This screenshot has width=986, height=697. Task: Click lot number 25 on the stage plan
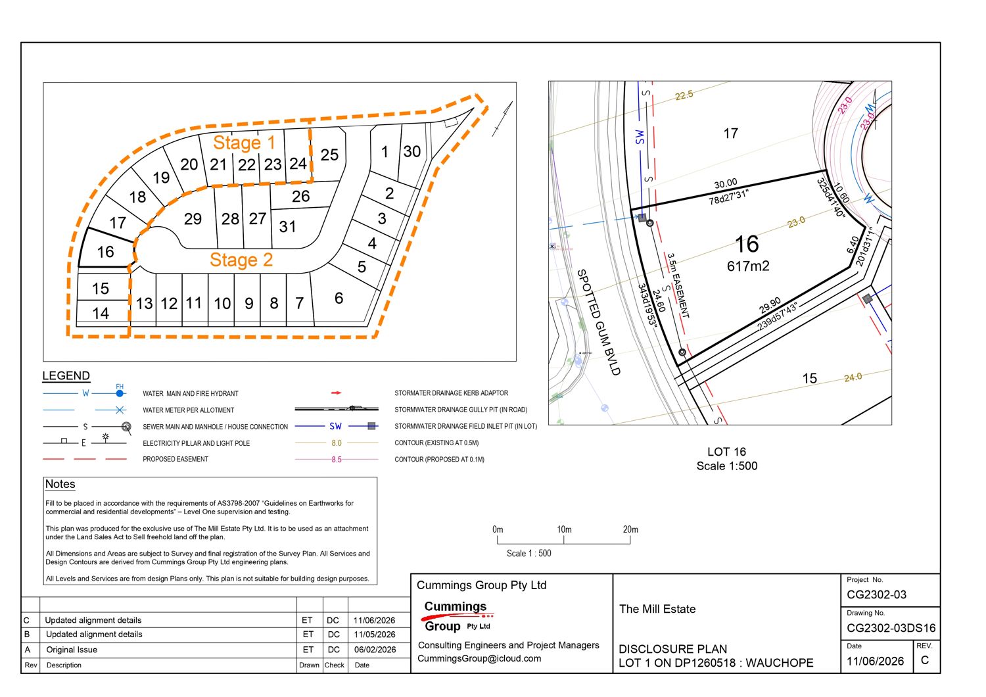[329, 155]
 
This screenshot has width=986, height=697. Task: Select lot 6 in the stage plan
[339, 298]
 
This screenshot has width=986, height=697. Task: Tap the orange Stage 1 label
[244, 142]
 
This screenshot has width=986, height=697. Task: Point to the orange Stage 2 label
[241, 260]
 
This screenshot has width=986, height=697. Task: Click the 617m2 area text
[748, 266]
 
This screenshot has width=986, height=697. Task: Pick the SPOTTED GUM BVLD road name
[598, 322]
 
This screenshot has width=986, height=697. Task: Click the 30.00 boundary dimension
[726, 183]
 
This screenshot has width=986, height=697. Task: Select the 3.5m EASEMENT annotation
[678, 285]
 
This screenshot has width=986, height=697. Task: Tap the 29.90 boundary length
[770, 305]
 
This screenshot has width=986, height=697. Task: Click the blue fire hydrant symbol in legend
[120, 393]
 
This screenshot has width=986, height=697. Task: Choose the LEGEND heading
[66, 375]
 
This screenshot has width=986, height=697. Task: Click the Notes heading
[60, 484]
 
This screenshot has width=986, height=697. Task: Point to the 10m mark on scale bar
[564, 530]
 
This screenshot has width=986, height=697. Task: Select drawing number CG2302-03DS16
[891, 628]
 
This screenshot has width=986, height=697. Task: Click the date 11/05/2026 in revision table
[375, 635]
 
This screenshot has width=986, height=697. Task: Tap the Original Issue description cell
[71, 650]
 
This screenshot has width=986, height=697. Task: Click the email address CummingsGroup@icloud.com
[479, 658]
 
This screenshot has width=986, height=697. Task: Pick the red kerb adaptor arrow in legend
[337, 393]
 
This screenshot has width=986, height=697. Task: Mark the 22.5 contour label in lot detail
[684, 95]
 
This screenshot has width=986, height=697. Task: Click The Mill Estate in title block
[657, 609]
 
